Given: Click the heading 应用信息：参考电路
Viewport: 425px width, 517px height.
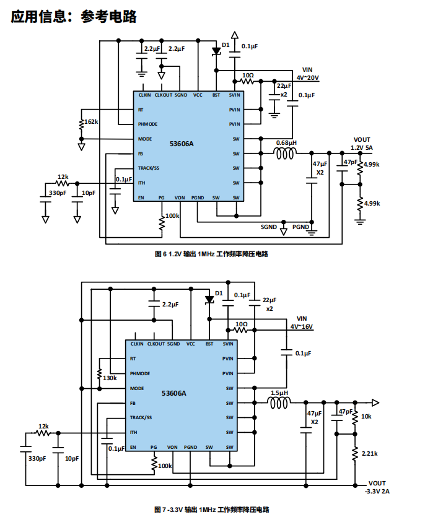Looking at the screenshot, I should coord(74,17).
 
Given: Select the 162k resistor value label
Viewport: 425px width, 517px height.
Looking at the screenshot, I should coord(91,122).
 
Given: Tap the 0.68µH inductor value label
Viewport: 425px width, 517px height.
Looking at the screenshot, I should coord(286,142).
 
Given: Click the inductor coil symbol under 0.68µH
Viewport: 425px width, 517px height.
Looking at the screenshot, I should coord(286,153).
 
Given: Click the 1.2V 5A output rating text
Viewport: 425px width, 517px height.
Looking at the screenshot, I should coord(362,148).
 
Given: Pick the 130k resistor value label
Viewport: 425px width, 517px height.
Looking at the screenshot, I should coord(110,378).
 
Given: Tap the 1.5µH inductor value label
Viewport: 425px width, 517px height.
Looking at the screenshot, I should coord(279,393).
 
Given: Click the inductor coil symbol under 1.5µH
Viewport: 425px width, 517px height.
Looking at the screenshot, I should coord(279,404).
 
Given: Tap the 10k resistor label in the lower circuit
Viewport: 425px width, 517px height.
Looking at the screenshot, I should coord(366,416).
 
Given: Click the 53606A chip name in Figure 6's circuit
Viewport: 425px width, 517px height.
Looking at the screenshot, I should coord(182,144).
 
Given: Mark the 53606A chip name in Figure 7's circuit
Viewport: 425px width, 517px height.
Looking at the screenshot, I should coord(173,393).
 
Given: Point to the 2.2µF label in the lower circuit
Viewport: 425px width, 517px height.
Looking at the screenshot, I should coord(170,305).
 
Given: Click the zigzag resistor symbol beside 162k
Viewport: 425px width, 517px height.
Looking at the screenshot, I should coord(81,126).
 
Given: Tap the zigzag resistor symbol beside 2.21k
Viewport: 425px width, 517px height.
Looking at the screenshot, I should coord(355,454).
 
